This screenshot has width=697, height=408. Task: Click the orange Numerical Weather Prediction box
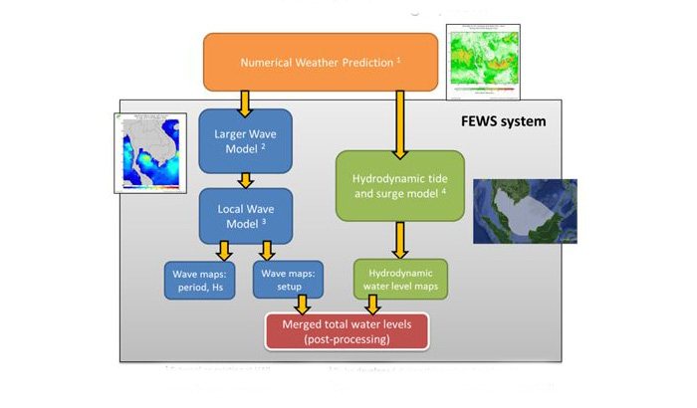pos(321,63)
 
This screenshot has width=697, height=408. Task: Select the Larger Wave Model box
pos(244,140)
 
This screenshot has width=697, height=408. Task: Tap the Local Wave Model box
pos(244,216)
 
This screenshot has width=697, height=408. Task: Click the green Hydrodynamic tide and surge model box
pos(400,185)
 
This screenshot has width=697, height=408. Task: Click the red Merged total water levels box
pos(346,331)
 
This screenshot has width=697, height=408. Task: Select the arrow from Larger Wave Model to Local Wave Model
pos(244,179)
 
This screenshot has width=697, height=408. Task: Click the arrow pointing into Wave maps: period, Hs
pos(224,250)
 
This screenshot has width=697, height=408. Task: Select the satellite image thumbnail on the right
pos(524,212)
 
